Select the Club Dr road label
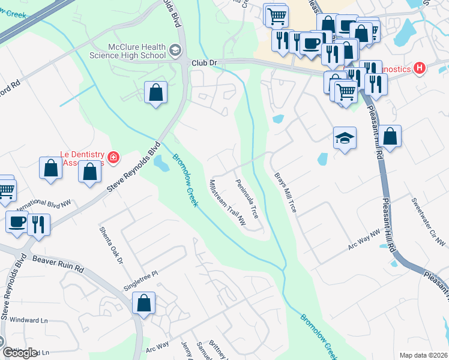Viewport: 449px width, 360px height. (203, 63)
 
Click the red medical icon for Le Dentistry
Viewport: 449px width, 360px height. (113, 158)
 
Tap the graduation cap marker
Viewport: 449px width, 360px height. (345, 139)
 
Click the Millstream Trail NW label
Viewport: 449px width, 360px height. (228, 203)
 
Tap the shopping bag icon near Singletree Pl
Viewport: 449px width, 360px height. (144, 304)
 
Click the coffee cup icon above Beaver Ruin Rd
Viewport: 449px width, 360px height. (17, 222)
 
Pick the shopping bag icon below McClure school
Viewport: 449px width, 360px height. (156, 93)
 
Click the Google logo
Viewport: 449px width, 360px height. (20, 352)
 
